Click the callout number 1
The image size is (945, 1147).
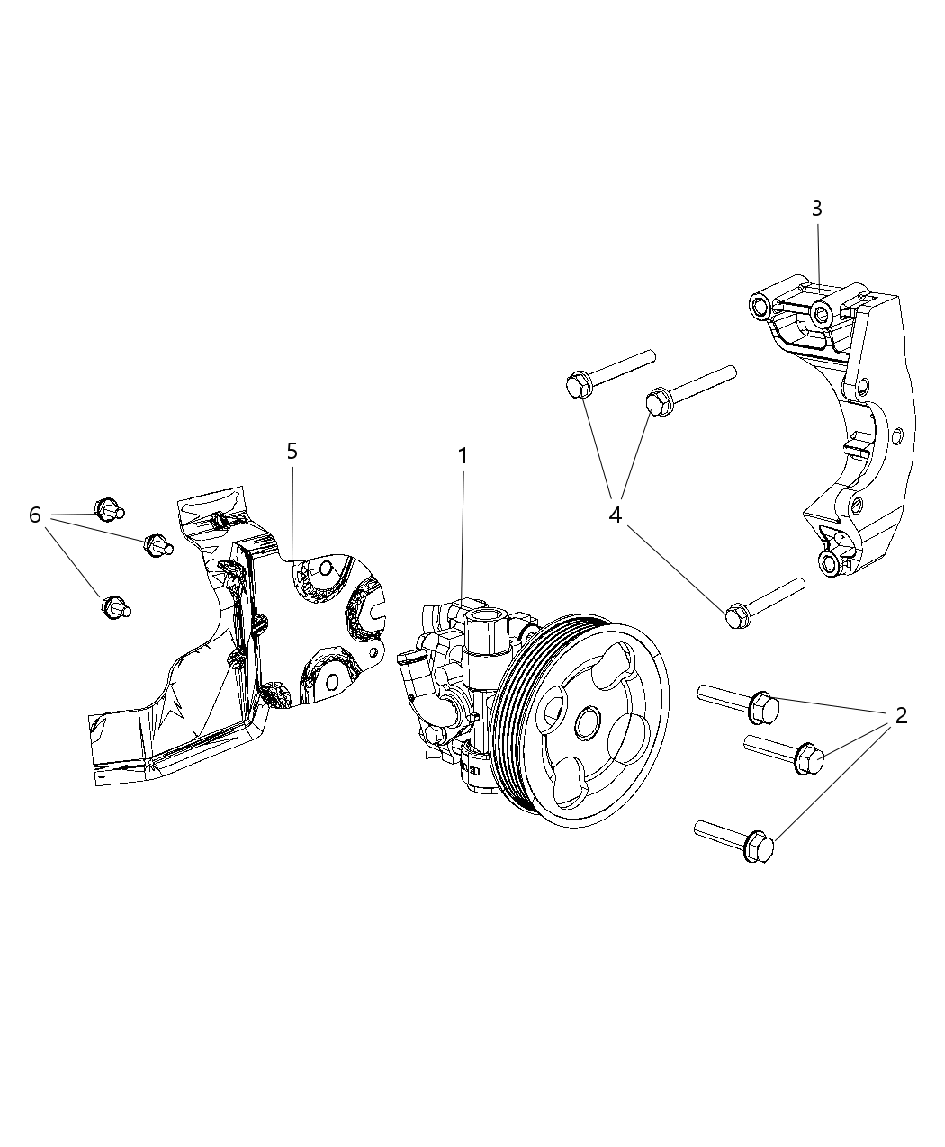pos(463,456)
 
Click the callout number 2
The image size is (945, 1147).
pos(899,715)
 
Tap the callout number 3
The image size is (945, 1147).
pos(816,209)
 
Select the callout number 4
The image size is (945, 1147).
pos(616,515)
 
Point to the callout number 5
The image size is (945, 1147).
pos(292,451)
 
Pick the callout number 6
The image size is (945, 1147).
pos(35,515)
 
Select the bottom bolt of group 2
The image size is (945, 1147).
pos(733,837)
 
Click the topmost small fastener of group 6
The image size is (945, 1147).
pos(108,509)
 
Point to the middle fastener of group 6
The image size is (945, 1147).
pos(157,544)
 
